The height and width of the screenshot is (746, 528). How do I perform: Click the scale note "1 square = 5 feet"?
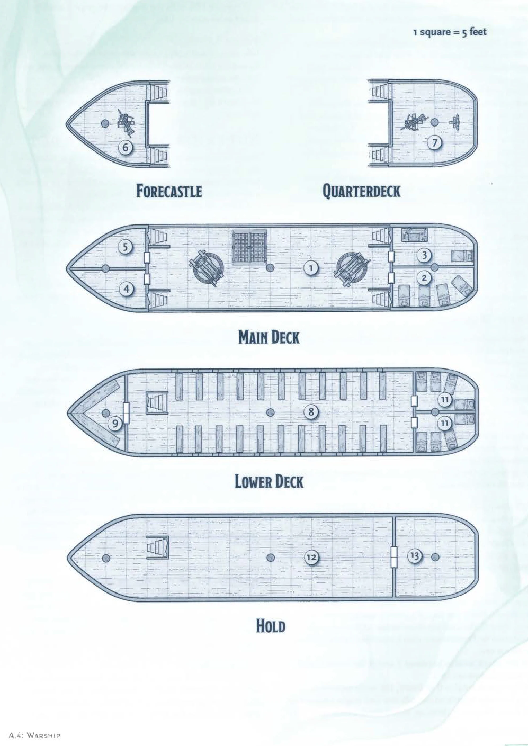450,32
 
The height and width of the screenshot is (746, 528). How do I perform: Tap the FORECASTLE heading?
169,191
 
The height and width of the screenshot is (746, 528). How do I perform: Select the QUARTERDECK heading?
361,191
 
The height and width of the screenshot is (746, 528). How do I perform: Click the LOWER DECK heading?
269,482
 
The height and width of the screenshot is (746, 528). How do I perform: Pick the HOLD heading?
271,626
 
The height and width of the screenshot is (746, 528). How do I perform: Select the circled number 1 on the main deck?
311,268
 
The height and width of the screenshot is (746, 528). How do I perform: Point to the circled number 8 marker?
311,412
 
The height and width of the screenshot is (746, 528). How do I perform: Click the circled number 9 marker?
115,423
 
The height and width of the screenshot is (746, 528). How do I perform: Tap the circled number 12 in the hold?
311,558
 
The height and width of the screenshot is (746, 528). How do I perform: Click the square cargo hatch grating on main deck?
249,247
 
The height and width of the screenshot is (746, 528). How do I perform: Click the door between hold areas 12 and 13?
394,557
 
